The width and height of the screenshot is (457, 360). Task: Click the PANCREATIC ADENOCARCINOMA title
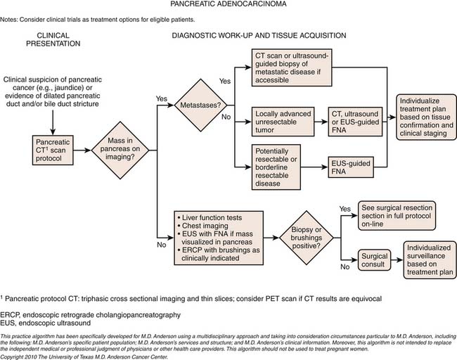click(228, 6)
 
